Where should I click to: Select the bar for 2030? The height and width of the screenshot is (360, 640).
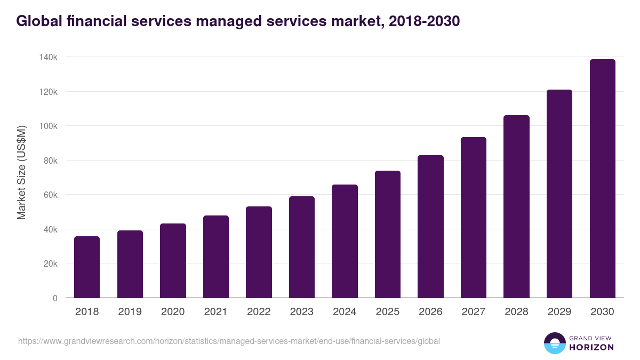click(x=602, y=179)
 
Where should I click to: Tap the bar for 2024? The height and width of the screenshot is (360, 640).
click(x=345, y=241)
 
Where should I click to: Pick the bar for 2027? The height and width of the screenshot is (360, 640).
click(x=474, y=218)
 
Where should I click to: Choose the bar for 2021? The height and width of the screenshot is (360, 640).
click(x=216, y=257)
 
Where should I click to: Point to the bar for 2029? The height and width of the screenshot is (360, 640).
click(x=559, y=194)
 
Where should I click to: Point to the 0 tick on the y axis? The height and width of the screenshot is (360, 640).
click(x=55, y=298)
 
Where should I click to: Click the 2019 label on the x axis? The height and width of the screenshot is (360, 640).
click(x=130, y=312)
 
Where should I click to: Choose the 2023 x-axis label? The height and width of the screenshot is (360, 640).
click(x=301, y=312)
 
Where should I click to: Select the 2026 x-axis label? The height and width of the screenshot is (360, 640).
click(x=430, y=312)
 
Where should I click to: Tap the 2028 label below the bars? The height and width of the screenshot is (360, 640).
click(x=516, y=312)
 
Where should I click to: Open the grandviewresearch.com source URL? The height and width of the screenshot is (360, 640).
click(x=229, y=341)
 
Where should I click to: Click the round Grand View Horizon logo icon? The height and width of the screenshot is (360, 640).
click(x=555, y=343)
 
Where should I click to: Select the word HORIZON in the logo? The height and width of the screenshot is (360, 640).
click(x=591, y=347)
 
